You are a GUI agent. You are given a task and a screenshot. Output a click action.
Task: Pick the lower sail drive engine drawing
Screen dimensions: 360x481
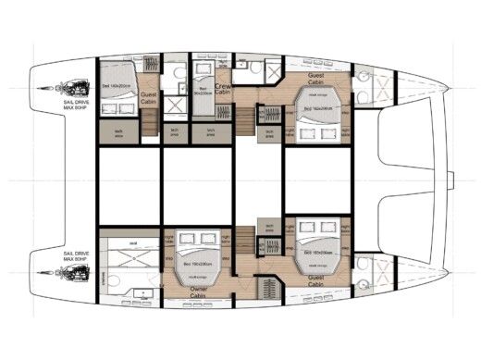pyautogui.click(x=70, y=274)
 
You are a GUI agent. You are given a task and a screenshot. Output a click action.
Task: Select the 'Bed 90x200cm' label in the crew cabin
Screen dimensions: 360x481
pyautogui.click(x=205, y=92)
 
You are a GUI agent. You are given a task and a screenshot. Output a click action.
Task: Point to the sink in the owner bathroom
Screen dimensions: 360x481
pyautogui.click(x=139, y=293)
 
